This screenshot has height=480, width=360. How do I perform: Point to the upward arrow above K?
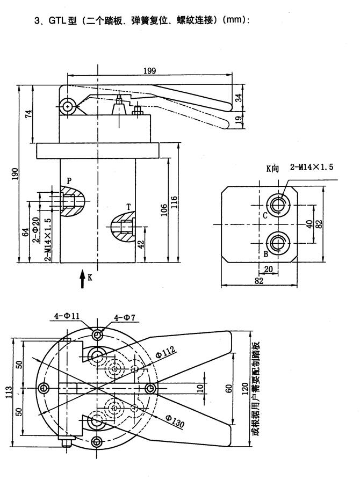pyautogui.click(x=82, y=277)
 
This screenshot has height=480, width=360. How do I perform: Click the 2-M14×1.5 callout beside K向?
pyautogui.click(x=312, y=167)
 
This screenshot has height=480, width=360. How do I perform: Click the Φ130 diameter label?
pyautogui.click(x=174, y=421)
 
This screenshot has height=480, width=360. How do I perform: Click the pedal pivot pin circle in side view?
pyautogui.click(x=67, y=107)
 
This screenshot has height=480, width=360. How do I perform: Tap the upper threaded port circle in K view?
pyautogui.click(x=278, y=203)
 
